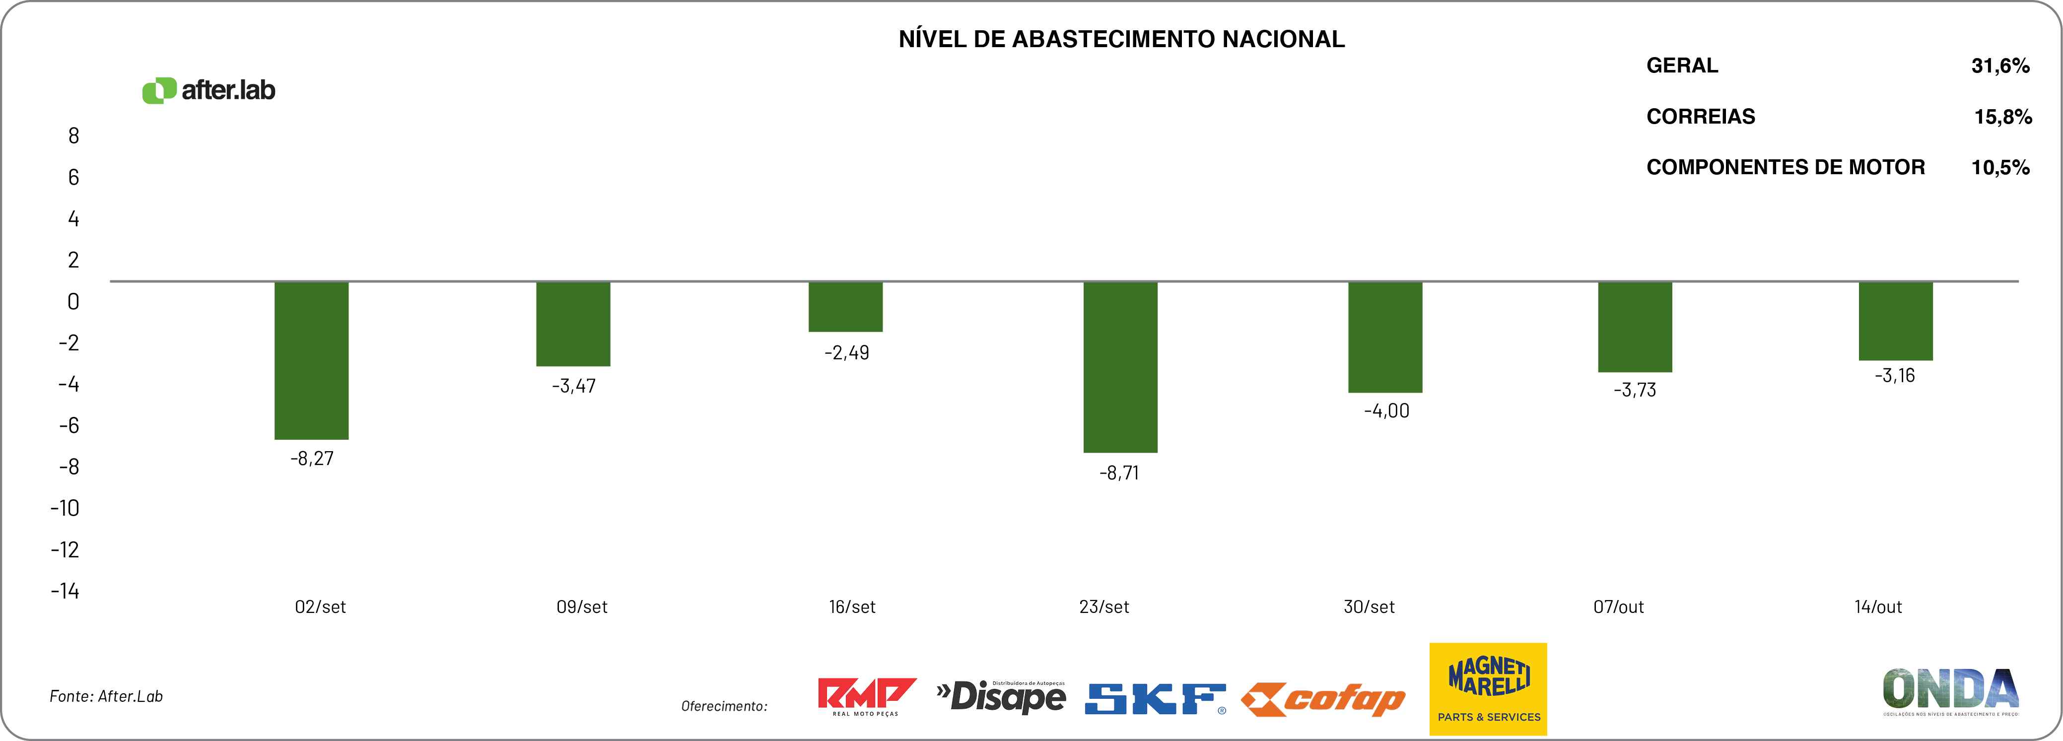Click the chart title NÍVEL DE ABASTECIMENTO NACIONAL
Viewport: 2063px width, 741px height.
pyautogui.click(x=1121, y=39)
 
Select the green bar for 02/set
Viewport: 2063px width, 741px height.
pyautogui.click(x=312, y=360)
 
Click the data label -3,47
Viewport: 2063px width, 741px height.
pyautogui.click(x=573, y=386)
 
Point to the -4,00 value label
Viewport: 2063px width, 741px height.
pyautogui.click(x=1386, y=411)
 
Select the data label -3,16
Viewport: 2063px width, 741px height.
pyautogui.click(x=1894, y=376)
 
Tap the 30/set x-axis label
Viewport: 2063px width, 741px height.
pyautogui.click(x=1369, y=607)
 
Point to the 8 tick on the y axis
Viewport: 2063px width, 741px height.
pyautogui.click(x=73, y=136)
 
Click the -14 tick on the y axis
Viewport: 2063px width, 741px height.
pyautogui.click(x=65, y=591)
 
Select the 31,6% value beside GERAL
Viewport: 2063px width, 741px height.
pyautogui.click(x=2000, y=66)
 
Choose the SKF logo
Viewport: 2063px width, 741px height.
pyautogui.click(x=1155, y=698)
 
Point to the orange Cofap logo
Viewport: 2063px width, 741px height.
pyautogui.click(x=1322, y=700)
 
